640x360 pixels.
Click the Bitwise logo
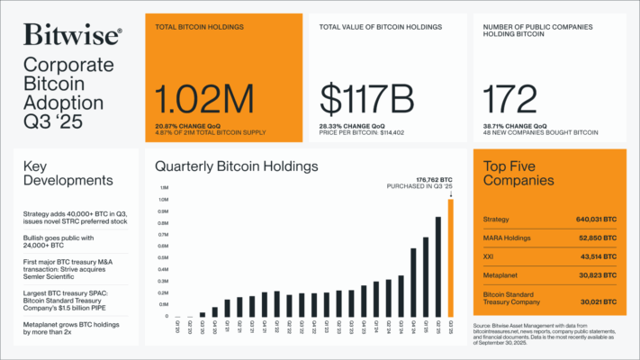click(71, 36)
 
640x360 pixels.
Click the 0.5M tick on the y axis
click(164, 257)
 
